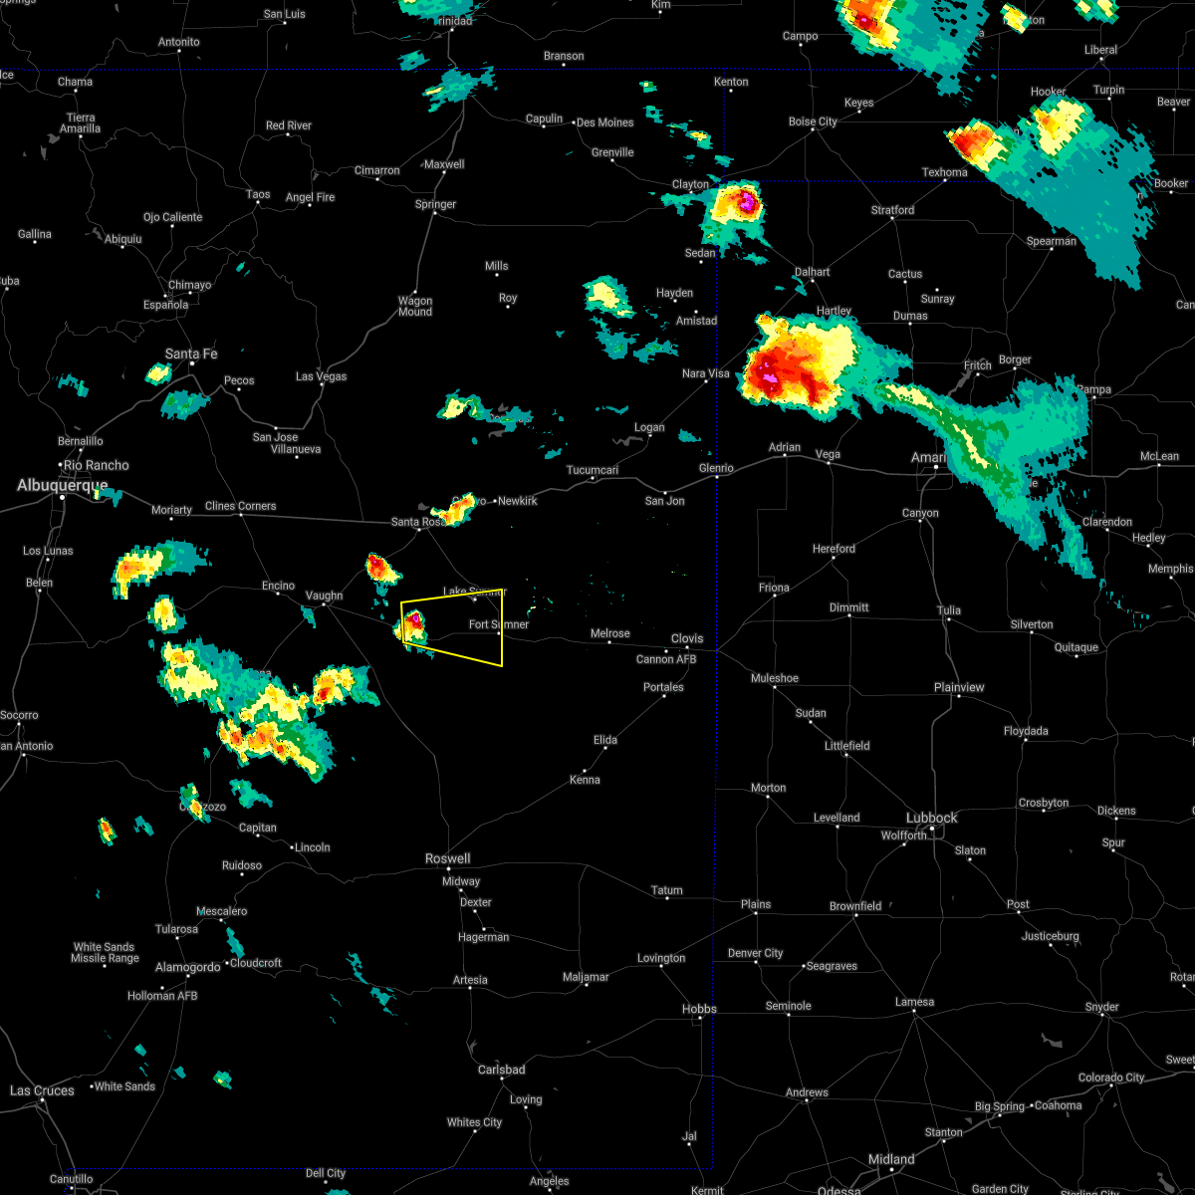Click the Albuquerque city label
[62, 485]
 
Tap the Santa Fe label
[190, 354]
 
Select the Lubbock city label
[931, 818]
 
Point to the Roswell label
[447, 858]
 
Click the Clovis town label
[686, 638]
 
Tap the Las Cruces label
[42, 1090]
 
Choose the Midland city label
[890, 1159]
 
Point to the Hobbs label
[699, 1009]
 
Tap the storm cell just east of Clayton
[742, 207]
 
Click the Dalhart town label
[812, 272]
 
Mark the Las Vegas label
[321, 376]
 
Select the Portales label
[663, 687]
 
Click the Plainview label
[959, 687]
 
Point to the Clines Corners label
[240, 506]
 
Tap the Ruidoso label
[241, 865]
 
